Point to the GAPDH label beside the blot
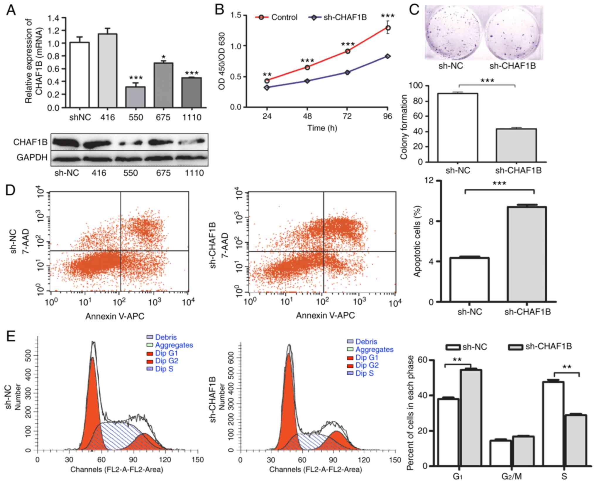click(x=32, y=158)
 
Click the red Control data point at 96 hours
click(x=388, y=28)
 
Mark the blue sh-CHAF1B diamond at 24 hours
click(x=267, y=87)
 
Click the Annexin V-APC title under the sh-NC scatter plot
click(x=115, y=316)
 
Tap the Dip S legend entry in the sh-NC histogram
click(x=164, y=369)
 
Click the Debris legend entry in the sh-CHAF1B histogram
click(x=366, y=342)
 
